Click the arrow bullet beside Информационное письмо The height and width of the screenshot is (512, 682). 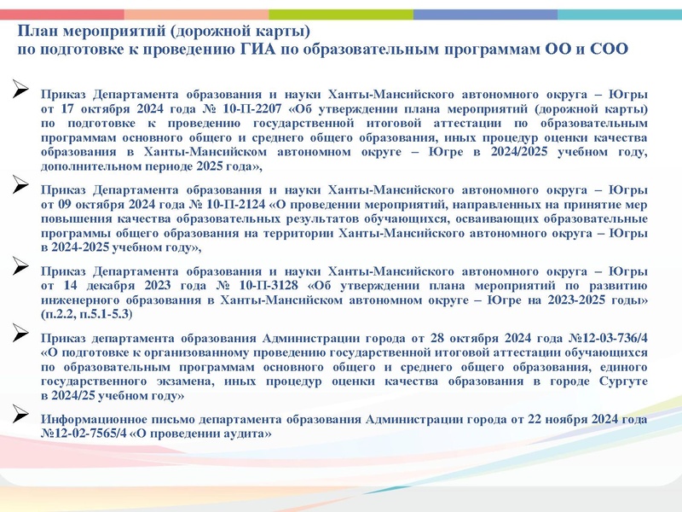point(22,415)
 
